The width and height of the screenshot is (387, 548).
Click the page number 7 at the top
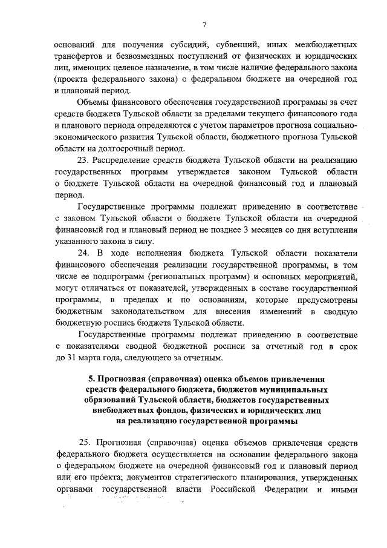click(205, 25)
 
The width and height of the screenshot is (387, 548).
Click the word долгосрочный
click(126, 148)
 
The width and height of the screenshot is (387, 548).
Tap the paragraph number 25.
click(84, 442)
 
